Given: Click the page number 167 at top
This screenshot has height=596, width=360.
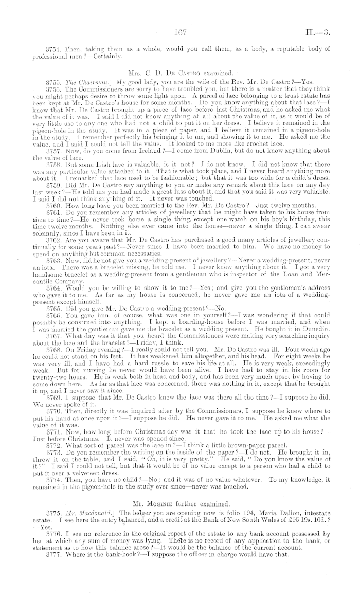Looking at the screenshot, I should coord(179,32).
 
